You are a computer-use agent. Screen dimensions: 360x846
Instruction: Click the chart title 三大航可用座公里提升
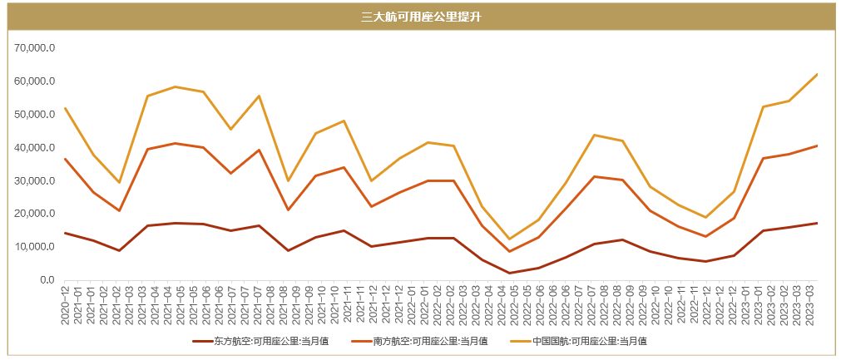(422, 16)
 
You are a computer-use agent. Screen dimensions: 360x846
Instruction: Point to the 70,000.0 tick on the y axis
(35, 48)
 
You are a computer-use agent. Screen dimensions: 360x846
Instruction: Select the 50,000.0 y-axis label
(35, 115)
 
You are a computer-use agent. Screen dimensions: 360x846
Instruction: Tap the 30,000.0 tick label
(35, 180)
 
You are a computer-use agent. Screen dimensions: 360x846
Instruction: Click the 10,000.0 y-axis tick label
(35, 247)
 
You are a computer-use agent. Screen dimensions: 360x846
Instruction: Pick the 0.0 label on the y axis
(47, 280)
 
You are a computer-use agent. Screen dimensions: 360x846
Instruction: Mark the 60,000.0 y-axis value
(35, 81)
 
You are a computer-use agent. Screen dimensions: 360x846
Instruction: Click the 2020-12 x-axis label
(65, 303)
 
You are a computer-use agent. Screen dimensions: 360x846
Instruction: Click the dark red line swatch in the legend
(202, 341)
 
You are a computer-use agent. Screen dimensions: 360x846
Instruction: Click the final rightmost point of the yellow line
(818, 74)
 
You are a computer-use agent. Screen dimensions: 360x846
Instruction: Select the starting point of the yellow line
(65, 108)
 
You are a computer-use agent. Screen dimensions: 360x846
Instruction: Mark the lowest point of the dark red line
(509, 273)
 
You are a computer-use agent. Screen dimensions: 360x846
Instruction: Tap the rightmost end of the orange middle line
(818, 145)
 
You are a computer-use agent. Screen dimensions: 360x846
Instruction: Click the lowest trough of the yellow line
(509, 239)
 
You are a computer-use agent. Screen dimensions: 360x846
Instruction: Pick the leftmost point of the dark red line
(65, 233)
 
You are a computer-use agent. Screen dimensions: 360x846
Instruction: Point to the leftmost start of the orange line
(65, 159)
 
